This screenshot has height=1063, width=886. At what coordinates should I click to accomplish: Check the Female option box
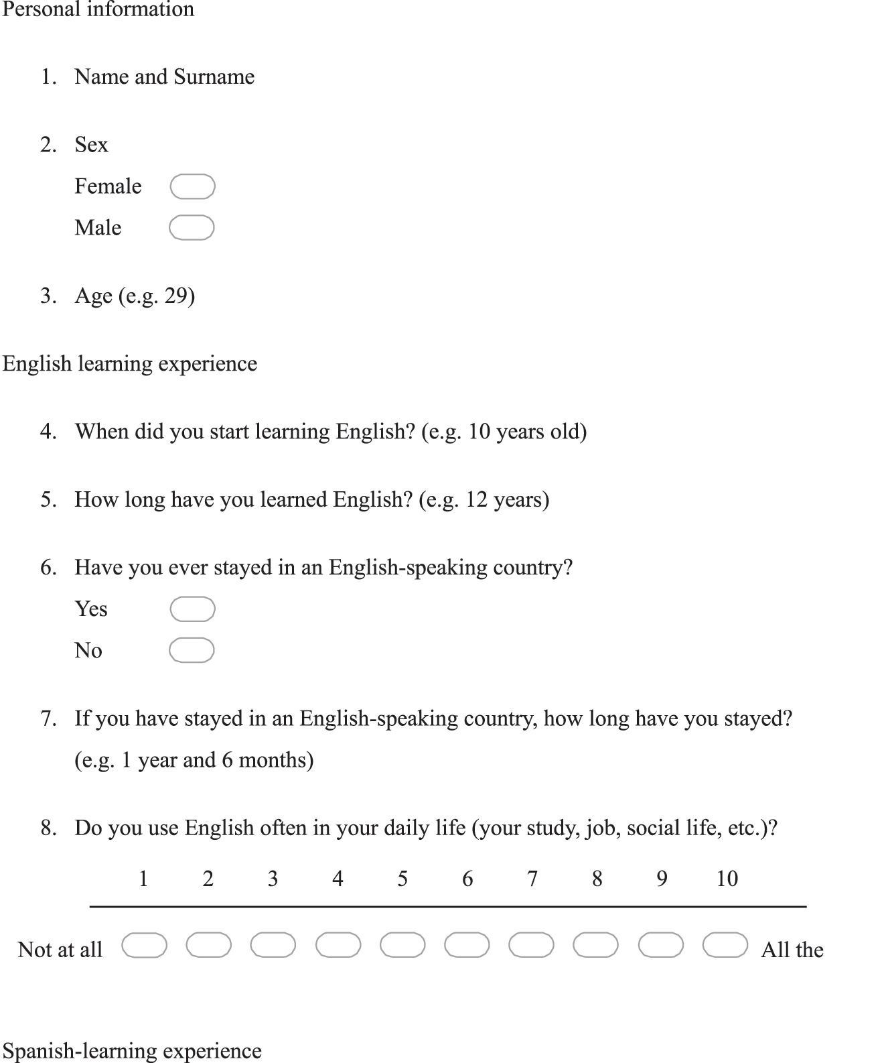pos(192,186)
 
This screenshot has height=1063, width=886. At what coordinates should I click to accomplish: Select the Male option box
pos(192,228)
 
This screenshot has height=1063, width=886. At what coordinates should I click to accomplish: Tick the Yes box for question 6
pos(192,609)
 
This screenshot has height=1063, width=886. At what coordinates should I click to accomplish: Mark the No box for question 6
pos(192,650)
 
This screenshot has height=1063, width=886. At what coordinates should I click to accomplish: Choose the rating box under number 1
pos(144,945)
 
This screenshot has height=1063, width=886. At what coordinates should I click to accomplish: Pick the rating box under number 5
pos(402,945)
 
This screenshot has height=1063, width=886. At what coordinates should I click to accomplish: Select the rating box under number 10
pos(725,945)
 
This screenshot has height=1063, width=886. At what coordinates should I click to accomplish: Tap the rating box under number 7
pos(531,945)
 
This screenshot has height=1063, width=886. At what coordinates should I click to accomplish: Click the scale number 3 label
pos(273,879)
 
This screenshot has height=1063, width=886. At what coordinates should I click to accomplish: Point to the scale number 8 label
pos(597,879)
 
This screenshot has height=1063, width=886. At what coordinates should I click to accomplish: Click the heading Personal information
pos(98,9)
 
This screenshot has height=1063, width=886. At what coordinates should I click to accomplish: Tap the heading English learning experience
pos(130,364)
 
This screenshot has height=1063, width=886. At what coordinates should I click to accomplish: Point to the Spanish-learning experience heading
pos(132,1051)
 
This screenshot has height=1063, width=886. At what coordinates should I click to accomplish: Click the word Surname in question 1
pos(214,77)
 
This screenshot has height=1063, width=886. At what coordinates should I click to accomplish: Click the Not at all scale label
pos(60,950)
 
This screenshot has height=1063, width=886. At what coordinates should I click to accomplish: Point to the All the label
pos(792,950)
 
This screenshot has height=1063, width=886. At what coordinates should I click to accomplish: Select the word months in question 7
pos(275,760)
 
